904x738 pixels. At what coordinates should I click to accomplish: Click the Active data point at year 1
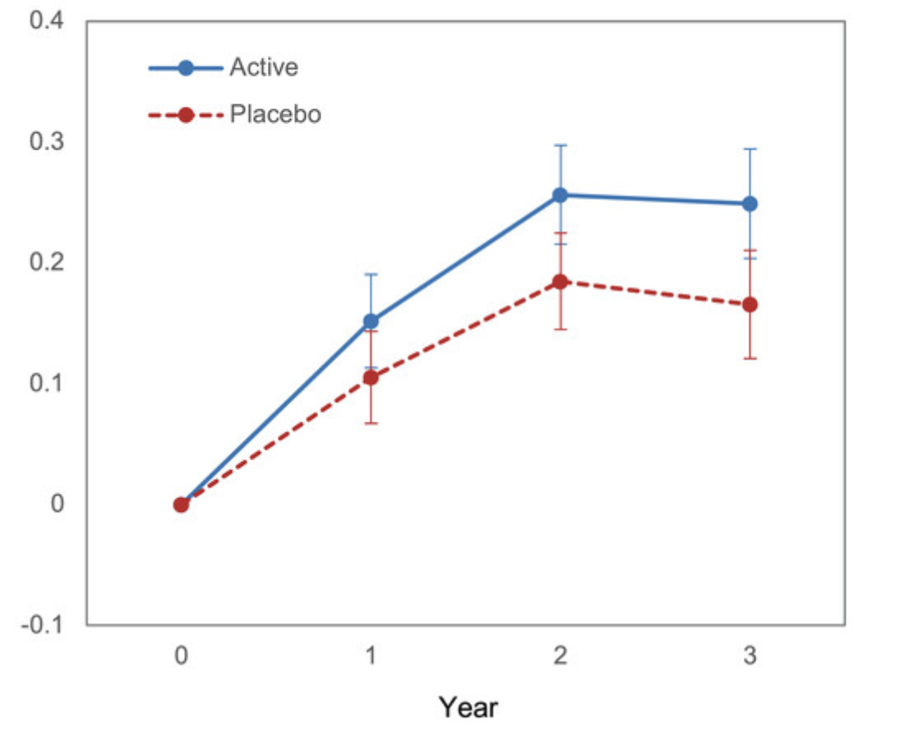point(371,321)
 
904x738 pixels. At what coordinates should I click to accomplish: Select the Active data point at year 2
point(560,195)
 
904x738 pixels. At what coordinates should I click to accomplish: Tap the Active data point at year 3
point(749,204)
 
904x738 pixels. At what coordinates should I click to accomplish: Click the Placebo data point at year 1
point(371,378)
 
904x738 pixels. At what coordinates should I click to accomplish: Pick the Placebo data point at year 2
point(560,282)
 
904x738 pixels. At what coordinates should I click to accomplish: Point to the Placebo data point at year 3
point(749,305)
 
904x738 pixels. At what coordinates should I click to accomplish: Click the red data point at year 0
point(181,505)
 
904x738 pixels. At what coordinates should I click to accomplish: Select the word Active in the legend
point(263,67)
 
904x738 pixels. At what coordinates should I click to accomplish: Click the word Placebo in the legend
point(275,114)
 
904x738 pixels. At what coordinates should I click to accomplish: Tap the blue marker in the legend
point(186,68)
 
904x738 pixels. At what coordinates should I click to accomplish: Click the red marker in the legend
point(186,115)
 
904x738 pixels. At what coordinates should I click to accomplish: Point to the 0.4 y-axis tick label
point(47,21)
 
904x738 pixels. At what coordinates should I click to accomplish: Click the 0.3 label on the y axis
point(47,141)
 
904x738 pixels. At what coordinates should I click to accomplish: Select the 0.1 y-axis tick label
point(47,383)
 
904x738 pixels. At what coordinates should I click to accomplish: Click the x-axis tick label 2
point(560,657)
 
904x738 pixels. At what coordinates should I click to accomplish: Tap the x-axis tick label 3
point(749,657)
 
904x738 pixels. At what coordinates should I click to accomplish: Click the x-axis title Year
point(468,707)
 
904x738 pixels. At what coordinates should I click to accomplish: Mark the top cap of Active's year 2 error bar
point(560,145)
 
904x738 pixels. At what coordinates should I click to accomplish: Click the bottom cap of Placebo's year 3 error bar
point(749,358)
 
